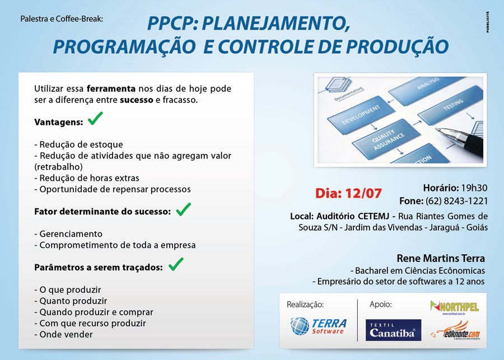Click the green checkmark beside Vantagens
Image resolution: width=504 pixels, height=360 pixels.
(95, 119)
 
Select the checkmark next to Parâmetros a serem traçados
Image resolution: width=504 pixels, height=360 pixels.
(176, 264)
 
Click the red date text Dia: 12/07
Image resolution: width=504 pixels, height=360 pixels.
(348, 194)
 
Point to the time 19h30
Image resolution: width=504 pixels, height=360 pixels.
(474, 188)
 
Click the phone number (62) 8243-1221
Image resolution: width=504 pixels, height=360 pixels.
(456, 201)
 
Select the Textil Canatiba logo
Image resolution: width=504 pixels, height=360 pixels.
(393, 330)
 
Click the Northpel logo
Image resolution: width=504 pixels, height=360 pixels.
(454, 307)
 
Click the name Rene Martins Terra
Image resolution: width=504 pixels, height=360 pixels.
(441, 258)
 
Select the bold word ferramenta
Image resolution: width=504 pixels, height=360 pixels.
(111, 88)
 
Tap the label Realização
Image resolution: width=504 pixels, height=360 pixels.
(305, 305)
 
